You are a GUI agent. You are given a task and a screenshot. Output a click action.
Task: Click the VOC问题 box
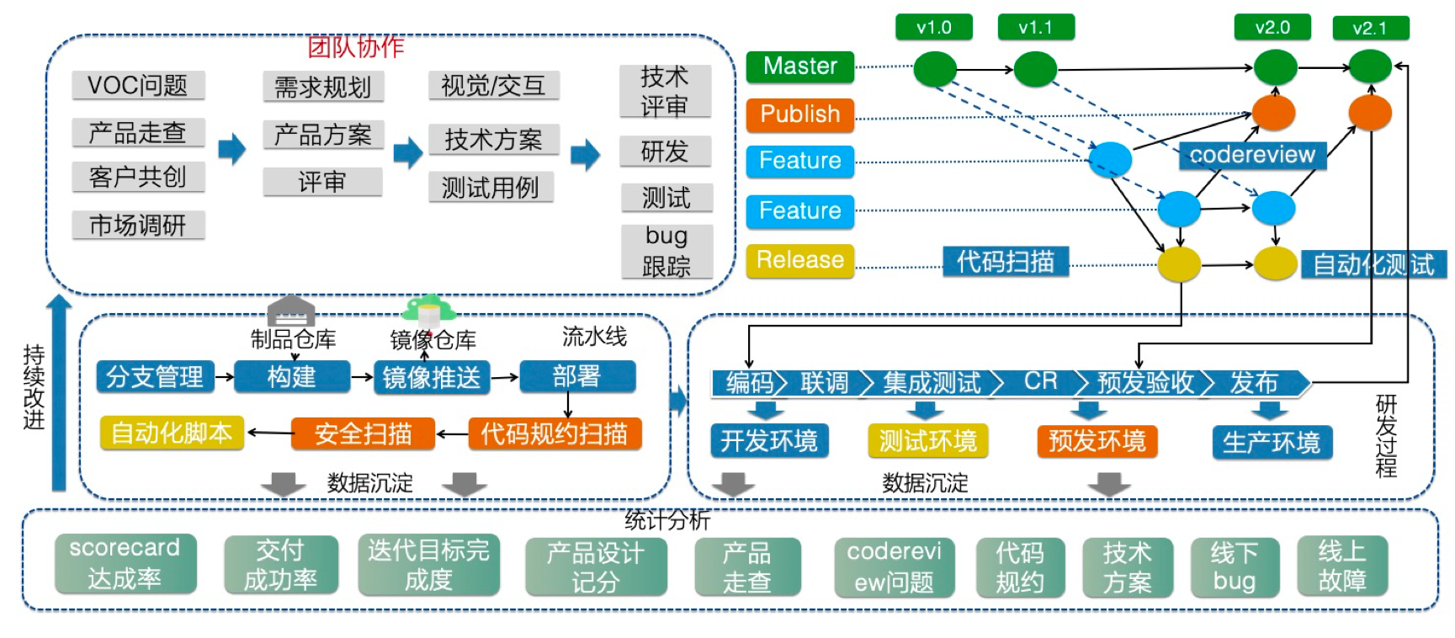click(x=138, y=85)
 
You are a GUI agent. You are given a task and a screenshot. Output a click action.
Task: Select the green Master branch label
click(x=799, y=66)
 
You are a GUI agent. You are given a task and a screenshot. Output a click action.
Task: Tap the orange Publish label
click(x=799, y=114)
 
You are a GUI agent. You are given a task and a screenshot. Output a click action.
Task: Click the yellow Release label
click(x=799, y=260)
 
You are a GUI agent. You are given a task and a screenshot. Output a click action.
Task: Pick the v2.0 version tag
click(x=1272, y=27)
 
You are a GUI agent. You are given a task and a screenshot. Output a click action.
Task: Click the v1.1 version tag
click(x=1035, y=27)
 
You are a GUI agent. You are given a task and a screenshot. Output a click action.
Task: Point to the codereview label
click(x=1251, y=155)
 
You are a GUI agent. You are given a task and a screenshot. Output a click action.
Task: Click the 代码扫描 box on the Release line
click(x=1005, y=262)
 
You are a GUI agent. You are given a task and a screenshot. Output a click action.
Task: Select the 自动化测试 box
click(x=1373, y=264)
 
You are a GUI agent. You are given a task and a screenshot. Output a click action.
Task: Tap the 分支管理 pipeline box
click(x=155, y=376)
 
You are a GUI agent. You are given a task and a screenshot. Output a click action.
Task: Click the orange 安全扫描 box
click(x=363, y=433)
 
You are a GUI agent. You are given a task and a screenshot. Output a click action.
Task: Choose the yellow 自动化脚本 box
click(x=172, y=433)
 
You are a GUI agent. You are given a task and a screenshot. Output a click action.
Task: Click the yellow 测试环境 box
click(x=927, y=440)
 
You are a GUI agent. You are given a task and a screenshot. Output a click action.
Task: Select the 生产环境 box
click(x=1272, y=442)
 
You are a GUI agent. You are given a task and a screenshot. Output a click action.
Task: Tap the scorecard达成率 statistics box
click(x=125, y=563)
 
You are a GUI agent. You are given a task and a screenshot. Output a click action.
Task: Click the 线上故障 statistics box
click(x=1341, y=566)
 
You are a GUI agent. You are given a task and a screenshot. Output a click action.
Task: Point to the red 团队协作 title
click(x=355, y=46)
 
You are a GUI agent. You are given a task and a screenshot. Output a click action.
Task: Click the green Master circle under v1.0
click(x=934, y=68)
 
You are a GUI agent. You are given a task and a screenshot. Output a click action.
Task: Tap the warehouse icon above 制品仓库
click(x=290, y=311)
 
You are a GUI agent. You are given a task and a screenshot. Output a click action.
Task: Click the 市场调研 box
click(x=138, y=225)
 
